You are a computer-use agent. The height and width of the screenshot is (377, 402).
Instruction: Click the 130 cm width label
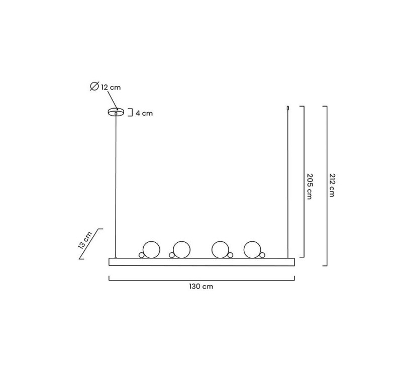tap(201, 286)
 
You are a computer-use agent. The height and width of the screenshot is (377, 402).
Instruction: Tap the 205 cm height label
tap(310, 186)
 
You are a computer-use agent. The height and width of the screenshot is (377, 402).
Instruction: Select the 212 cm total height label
tap(332, 185)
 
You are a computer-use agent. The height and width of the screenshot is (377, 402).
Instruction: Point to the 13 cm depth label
tap(85, 240)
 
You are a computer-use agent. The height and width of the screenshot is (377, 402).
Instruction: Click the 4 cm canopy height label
tap(144, 113)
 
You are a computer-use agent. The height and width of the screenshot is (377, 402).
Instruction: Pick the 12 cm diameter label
tap(111, 87)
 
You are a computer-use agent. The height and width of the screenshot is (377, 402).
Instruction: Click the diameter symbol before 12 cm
tap(94, 86)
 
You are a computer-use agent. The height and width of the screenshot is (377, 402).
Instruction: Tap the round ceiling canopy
tap(116, 112)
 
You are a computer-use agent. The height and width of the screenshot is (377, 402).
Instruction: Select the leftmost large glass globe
tap(151, 249)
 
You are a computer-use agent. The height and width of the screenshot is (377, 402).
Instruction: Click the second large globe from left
tap(181, 249)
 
